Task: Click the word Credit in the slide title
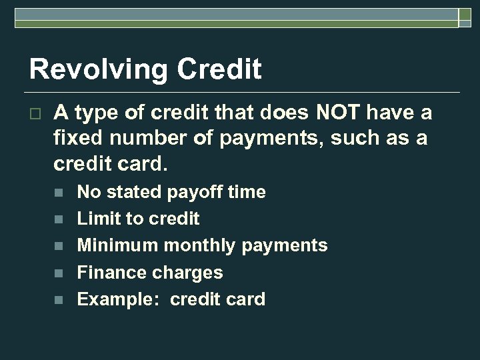click(223, 70)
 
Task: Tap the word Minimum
click(118, 245)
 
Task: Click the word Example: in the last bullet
click(119, 299)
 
